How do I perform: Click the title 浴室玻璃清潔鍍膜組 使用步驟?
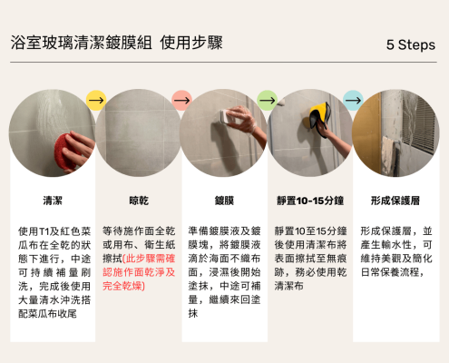[117, 43]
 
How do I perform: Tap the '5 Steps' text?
[411, 44]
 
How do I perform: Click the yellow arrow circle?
[96, 100]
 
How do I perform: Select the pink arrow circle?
[181, 100]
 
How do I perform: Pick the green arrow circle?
[268, 100]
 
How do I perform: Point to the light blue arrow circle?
[353, 100]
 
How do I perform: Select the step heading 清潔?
[53, 201]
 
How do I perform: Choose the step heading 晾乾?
[139, 201]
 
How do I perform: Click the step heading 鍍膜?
[224, 201]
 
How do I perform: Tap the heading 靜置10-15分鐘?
[310, 201]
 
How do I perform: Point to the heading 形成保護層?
[395, 201]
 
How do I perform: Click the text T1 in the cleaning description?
[44, 231]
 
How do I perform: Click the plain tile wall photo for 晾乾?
[139, 133]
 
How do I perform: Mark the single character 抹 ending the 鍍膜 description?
[193, 314]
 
